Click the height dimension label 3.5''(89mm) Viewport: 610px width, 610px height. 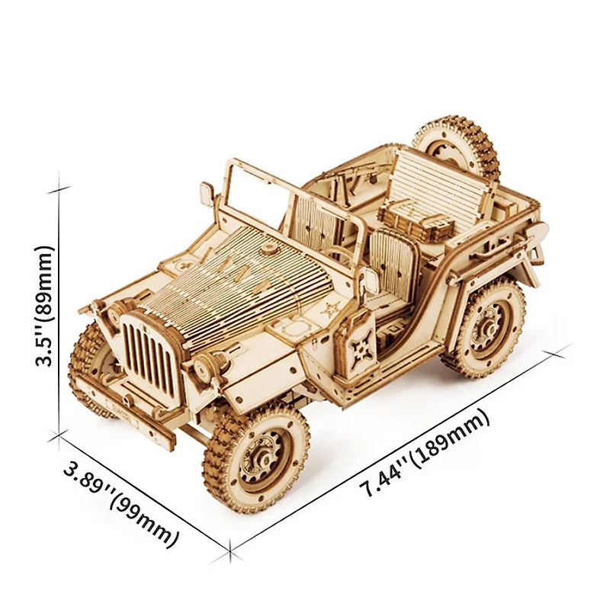(x=43, y=306)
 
